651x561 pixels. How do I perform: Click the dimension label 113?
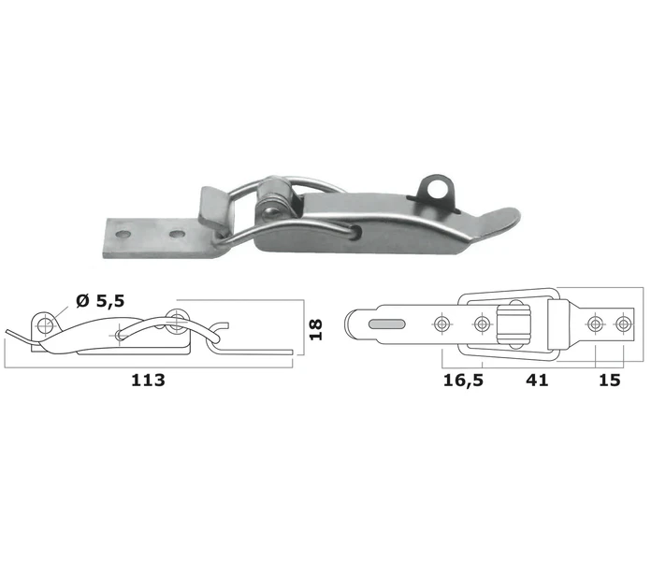[x=148, y=381]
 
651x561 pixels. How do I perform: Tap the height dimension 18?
[x=316, y=330]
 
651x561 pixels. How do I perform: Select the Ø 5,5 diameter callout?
[x=100, y=301]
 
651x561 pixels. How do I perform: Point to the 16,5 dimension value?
[x=463, y=381]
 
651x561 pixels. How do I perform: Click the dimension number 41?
[x=537, y=381]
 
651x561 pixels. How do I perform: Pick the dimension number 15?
[x=610, y=381]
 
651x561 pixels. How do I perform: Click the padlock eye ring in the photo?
[x=437, y=190]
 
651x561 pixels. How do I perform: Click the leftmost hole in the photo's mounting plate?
[x=122, y=234]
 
